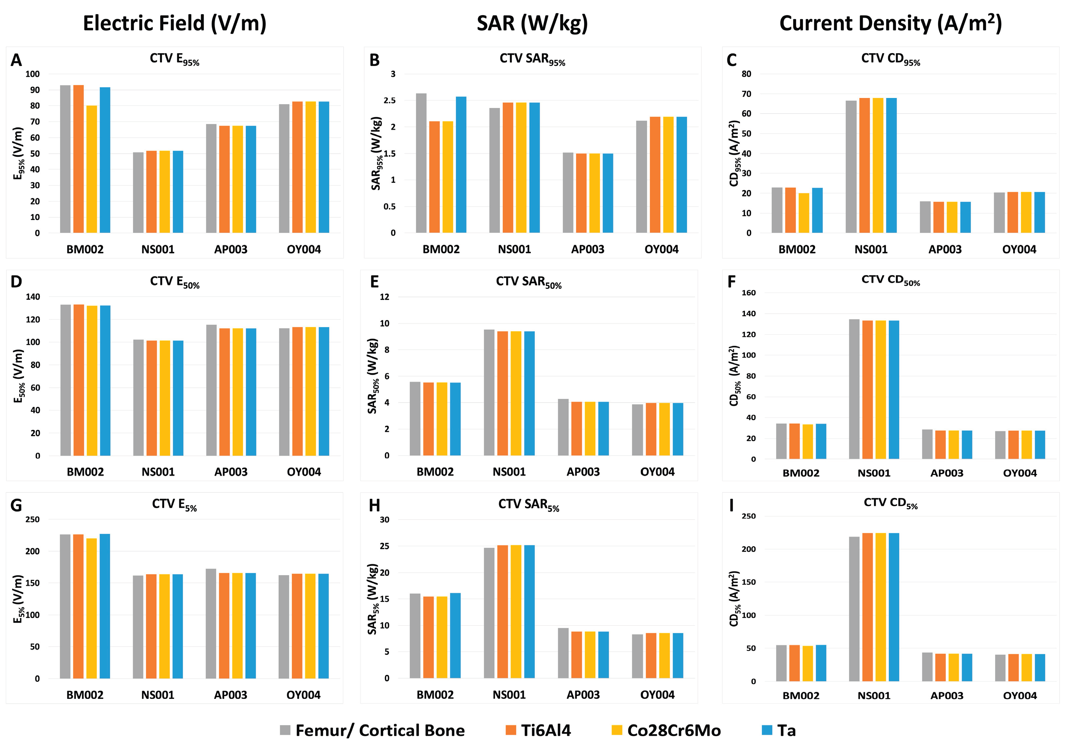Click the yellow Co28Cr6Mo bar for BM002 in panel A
(92, 169)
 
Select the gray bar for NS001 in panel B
(494, 171)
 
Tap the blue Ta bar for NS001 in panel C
(891, 166)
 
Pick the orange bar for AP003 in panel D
(225, 392)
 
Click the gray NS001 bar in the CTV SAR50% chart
(489, 392)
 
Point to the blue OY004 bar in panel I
(1040, 668)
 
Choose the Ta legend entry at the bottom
(778, 730)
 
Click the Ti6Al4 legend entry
(538, 730)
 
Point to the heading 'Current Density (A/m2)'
(890, 23)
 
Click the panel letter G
(16, 506)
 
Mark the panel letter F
(731, 282)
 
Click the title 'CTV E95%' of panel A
(175, 59)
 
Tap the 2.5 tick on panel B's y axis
(389, 100)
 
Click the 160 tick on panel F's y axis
(749, 293)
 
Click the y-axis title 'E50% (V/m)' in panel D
(18, 376)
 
